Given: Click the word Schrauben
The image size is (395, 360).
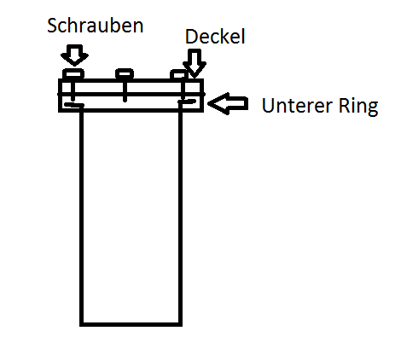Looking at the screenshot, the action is (96, 26).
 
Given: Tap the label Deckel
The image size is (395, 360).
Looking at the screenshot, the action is (215, 37).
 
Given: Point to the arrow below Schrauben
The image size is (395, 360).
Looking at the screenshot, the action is (74, 55).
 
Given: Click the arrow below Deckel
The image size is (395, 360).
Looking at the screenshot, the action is (195, 63).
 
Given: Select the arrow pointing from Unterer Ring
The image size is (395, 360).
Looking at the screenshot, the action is (228, 103).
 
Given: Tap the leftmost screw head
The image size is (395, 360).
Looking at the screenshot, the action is (73, 74).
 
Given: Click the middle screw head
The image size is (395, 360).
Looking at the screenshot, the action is (125, 74).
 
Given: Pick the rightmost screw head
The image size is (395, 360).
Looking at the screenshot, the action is (179, 74).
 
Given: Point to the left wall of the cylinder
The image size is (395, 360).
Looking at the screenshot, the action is (82, 216).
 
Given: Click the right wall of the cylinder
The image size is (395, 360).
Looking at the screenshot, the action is (180, 216).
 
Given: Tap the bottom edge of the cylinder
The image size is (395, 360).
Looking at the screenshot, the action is (131, 324).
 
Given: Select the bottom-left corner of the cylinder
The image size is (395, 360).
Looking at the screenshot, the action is (82, 324).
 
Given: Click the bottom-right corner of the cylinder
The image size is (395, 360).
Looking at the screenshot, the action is (180, 324).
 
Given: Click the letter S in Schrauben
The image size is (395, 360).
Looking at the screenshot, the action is (52, 26).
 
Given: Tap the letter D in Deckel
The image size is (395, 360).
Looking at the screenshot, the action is (191, 37).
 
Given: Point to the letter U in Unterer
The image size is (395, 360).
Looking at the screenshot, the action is (267, 106).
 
